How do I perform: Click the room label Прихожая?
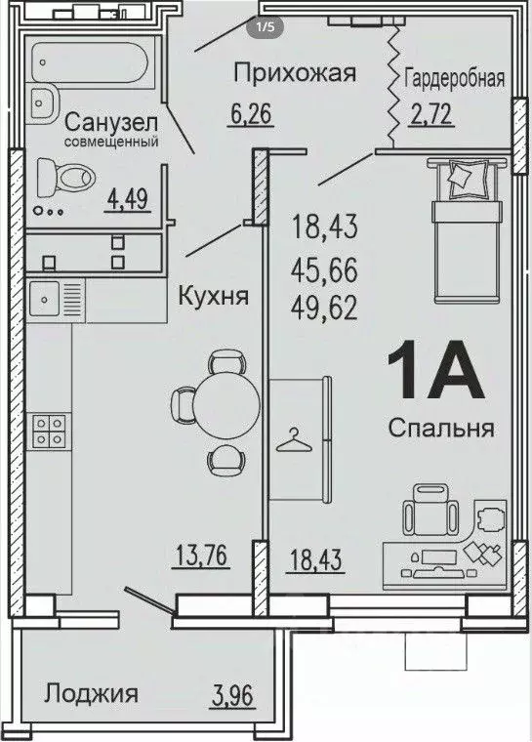pyautogui.click(x=294, y=72)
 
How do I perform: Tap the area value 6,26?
pyautogui.click(x=250, y=114)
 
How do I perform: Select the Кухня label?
pyautogui.click(x=210, y=296)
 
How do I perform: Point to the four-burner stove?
pyautogui.click(x=50, y=431)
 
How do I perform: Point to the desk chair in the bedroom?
pyautogui.click(x=428, y=508)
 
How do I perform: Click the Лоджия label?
pyautogui.click(x=91, y=694)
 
